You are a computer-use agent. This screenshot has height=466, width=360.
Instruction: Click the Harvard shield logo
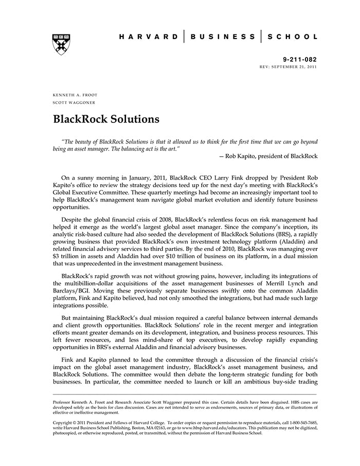pos(61,44)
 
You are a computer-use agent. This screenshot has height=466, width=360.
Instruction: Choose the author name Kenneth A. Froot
pos(75,95)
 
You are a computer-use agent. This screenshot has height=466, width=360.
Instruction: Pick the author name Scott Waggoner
pos(74,102)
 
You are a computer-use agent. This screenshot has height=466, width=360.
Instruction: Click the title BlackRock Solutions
pos(106,119)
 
